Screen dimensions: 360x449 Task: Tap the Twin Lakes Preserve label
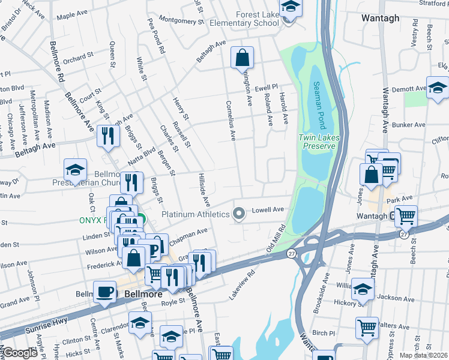coord(315,142)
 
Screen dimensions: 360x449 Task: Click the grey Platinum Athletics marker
coord(239,214)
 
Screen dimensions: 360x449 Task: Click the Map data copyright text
coord(423,355)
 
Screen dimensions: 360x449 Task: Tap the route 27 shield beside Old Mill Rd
coord(291,253)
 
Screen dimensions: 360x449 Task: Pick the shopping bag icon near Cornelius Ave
coord(242,59)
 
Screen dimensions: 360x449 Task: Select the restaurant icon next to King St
coord(108,136)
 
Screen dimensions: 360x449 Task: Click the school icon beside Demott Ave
coord(438,88)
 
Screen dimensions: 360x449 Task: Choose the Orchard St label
coord(78,59)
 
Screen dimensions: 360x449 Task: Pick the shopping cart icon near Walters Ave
coord(367,328)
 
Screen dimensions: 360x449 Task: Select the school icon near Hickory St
coord(363,290)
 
